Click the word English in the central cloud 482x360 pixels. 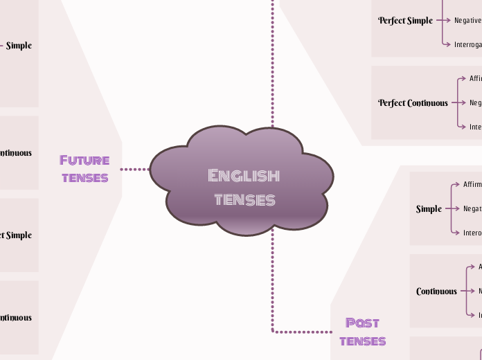click(244, 175)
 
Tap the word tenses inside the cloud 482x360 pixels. click(244, 200)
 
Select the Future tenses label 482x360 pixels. click(84, 168)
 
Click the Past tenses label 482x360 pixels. click(362, 331)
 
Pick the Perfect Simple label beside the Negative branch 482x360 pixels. click(405, 21)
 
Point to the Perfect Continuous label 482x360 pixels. click(413, 103)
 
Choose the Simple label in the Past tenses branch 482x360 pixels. click(429, 209)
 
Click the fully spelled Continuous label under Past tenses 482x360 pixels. click(436, 291)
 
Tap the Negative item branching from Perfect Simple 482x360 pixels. click(467, 21)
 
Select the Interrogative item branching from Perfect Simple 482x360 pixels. click(467, 44)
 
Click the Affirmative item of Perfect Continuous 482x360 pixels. click(475, 79)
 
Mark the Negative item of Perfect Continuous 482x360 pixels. click(475, 103)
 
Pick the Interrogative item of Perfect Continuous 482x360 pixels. click(475, 127)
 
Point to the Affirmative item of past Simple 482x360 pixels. click(472, 185)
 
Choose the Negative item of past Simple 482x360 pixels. click(472, 209)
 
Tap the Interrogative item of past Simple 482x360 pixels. click(472, 233)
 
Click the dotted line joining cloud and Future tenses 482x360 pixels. click(135, 169)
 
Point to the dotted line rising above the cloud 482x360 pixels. click(273, 62)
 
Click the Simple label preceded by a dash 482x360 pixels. click(19, 46)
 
